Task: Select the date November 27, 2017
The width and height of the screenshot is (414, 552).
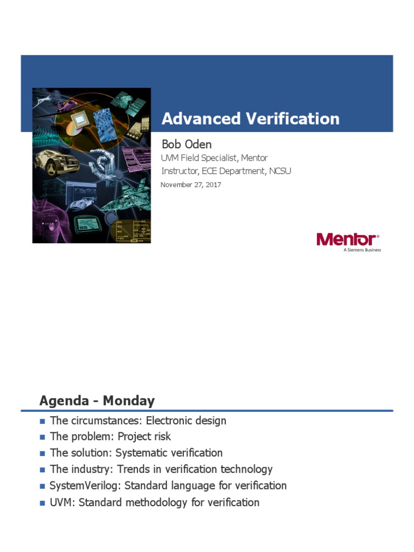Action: pos(191,185)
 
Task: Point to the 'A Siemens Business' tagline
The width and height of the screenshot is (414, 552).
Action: pos(362,250)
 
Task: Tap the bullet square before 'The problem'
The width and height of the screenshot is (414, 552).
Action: pos(43,437)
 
